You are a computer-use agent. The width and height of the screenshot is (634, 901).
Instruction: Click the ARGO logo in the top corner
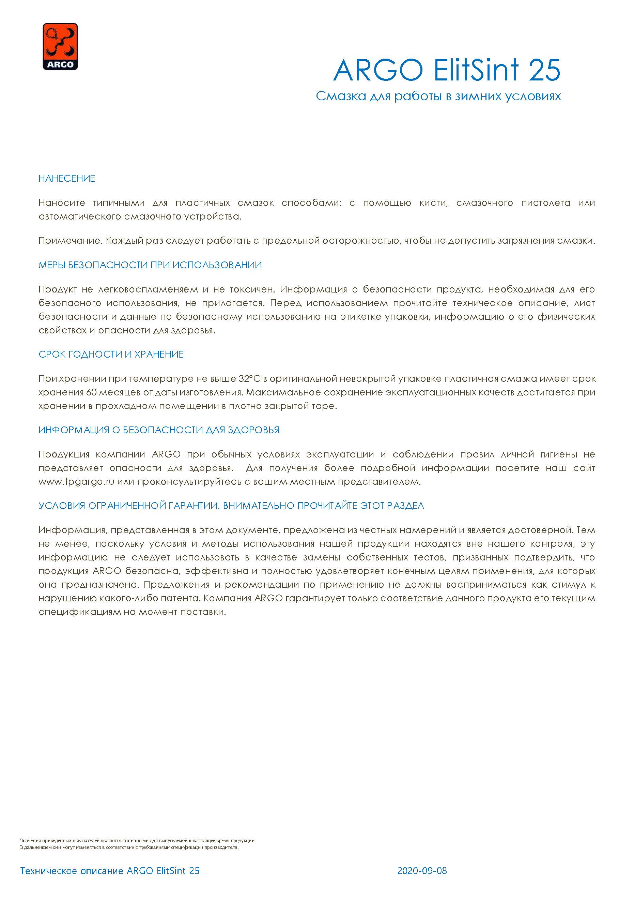60,46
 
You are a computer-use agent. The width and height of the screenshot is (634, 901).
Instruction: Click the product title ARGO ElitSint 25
447,71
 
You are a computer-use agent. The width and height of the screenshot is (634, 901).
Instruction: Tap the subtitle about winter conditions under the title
438,96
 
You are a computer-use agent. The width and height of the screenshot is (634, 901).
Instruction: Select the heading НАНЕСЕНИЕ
67,179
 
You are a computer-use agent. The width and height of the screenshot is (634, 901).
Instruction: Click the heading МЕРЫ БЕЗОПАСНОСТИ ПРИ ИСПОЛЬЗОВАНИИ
150,265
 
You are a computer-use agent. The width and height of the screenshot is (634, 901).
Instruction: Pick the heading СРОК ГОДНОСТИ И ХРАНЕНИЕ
111,354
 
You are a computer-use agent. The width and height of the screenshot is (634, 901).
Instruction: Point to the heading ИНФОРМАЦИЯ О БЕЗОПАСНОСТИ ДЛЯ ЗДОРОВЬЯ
159,430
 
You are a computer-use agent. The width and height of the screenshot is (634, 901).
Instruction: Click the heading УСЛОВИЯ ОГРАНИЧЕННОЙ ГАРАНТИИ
231,506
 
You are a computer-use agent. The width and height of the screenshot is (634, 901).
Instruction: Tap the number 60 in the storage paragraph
91,392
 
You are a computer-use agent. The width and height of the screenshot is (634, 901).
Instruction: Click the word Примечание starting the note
70,241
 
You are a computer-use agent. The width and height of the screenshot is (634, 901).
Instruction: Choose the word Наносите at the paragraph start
62,203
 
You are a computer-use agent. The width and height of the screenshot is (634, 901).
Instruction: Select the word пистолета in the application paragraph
545,203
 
